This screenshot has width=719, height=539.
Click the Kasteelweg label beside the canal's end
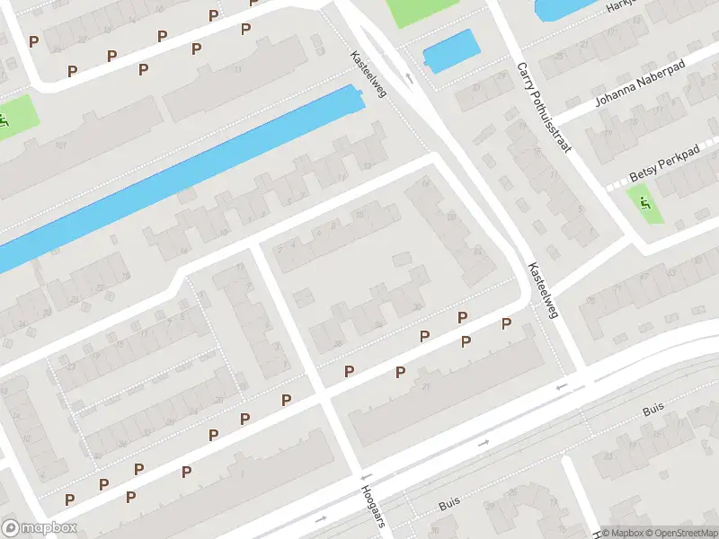coord(368,74)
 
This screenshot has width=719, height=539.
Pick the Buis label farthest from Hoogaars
coord(652,411)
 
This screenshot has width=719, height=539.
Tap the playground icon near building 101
coord(4,120)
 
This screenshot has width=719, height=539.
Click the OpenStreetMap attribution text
coord(679,533)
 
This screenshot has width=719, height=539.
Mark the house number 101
coord(61,146)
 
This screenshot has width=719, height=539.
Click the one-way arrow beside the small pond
coord(410,78)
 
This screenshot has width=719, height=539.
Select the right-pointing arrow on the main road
coord(484,442)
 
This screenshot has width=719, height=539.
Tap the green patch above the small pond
coord(415,11)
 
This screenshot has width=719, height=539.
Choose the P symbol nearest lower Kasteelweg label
coord(506,323)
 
